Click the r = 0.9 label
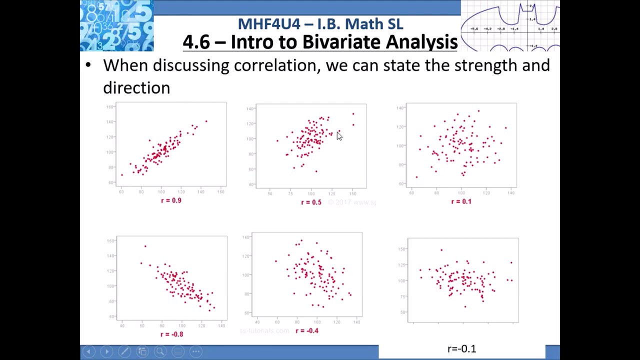click(171, 200)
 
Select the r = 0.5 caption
click(311, 202)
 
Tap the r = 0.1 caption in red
click(461, 201)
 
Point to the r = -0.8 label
click(171, 334)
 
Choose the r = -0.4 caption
click(306, 330)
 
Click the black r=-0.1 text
click(461, 348)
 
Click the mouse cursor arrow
click(339, 136)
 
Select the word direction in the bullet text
click(136, 88)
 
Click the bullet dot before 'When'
click(88, 65)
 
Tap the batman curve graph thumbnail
click(510, 25)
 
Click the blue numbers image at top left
click(117, 25)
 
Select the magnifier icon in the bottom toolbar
click(160, 351)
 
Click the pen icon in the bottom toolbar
click(124, 351)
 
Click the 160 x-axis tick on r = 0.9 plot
click(220, 191)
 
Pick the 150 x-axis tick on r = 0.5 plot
click(352, 193)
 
